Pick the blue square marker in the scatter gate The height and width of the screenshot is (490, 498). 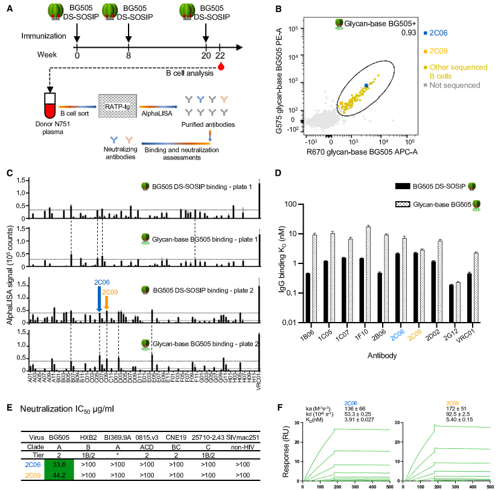[x=366, y=87]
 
